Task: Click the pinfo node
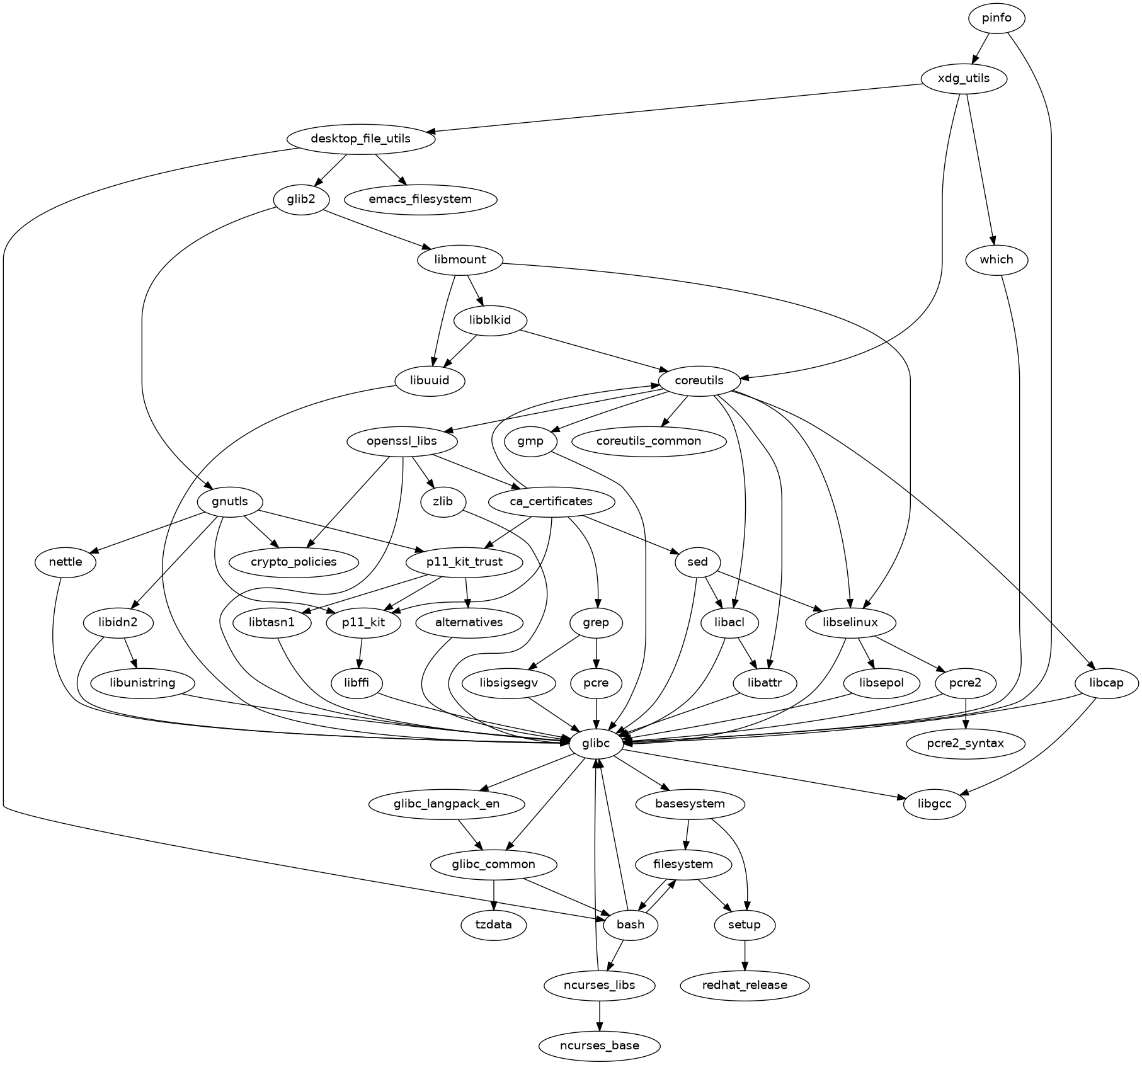point(996,18)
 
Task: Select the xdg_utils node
point(964,79)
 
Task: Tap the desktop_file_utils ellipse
point(360,139)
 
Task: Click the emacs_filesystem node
point(420,200)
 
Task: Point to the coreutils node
point(699,381)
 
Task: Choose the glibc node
point(596,744)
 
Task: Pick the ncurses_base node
point(599,1046)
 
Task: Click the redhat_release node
point(745,985)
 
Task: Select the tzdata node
point(494,925)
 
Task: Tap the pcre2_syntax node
point(966,744)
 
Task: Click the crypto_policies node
point(294,562)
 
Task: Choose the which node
point(996,259)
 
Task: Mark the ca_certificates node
point(551,502)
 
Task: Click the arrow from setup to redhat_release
point(745,955)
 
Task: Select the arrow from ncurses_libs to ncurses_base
point(599,1015)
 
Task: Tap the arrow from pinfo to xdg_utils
point(981,48)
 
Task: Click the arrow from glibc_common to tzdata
point(494,895)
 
